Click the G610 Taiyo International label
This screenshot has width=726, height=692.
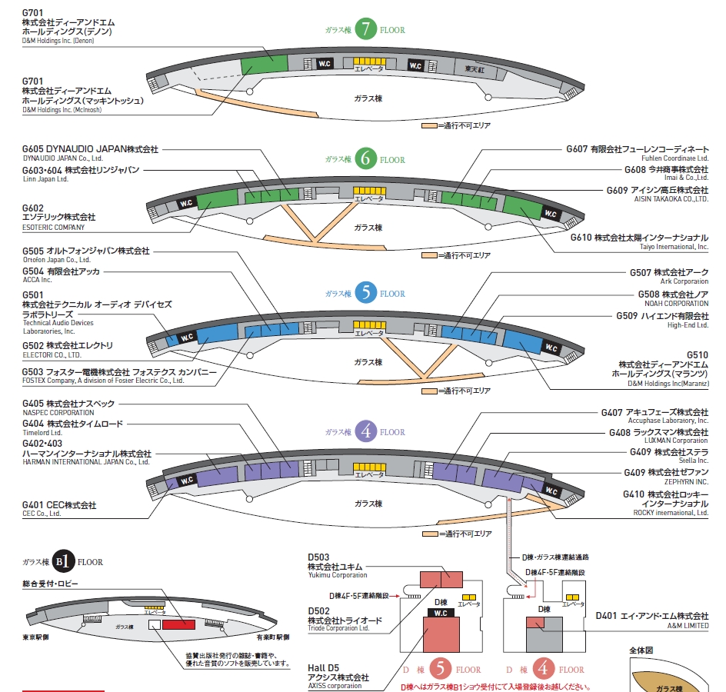point(639,241)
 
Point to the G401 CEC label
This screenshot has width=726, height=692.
point(59,508)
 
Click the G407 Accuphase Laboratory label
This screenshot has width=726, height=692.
point(654,416)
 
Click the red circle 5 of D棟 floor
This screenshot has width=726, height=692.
point(440,667)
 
